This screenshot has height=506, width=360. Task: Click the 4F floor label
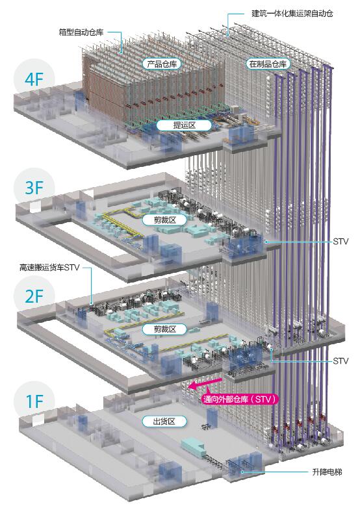tap(34, 79)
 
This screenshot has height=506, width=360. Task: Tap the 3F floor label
tap(34, 188)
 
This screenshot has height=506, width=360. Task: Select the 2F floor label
tap(34, 296)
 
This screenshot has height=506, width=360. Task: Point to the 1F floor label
tap(34, 402)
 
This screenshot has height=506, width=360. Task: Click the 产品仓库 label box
tap(162, 64)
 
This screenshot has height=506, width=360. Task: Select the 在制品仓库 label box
tap(268, 64)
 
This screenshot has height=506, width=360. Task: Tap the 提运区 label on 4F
tap(184, 125)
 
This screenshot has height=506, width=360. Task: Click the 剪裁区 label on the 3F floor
tap(164, 220)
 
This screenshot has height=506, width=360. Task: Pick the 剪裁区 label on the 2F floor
tap(164, 329)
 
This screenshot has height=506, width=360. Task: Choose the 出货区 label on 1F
tap(164, 422)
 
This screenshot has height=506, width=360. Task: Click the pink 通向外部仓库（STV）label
tap(240, 399)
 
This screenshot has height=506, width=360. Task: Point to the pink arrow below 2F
tap(205, 383)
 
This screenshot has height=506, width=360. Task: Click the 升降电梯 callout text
tap(327, 472)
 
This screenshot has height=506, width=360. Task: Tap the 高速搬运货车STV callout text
tap(49, 268)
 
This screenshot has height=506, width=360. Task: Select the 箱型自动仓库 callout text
tap(81, 32)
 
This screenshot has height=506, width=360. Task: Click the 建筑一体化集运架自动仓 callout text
tap(292, 14)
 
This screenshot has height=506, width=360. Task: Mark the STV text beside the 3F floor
tap(341, 242)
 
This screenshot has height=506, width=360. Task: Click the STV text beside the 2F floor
tap(341, 361)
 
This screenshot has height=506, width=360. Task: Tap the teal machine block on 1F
tap(193, 446)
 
